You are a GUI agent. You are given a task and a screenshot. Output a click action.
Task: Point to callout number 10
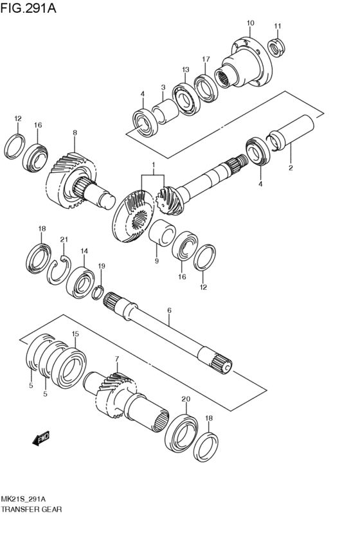coord(249,23)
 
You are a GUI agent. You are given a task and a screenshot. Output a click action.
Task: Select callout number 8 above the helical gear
coord(75,133)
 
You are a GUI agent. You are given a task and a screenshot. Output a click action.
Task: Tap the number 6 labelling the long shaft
coord(169,310)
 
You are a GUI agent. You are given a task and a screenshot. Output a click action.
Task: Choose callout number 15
coord(75,334)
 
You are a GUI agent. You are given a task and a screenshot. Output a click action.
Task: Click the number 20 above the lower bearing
coord(186,399)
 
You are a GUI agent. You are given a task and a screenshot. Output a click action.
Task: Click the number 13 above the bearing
coord(185,69)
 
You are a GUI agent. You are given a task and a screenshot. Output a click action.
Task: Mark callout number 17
coord(206,59)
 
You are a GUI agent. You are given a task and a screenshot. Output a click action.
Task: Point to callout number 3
coord(163,87)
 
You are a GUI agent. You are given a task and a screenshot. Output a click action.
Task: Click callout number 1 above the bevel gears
coord(153,165)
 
